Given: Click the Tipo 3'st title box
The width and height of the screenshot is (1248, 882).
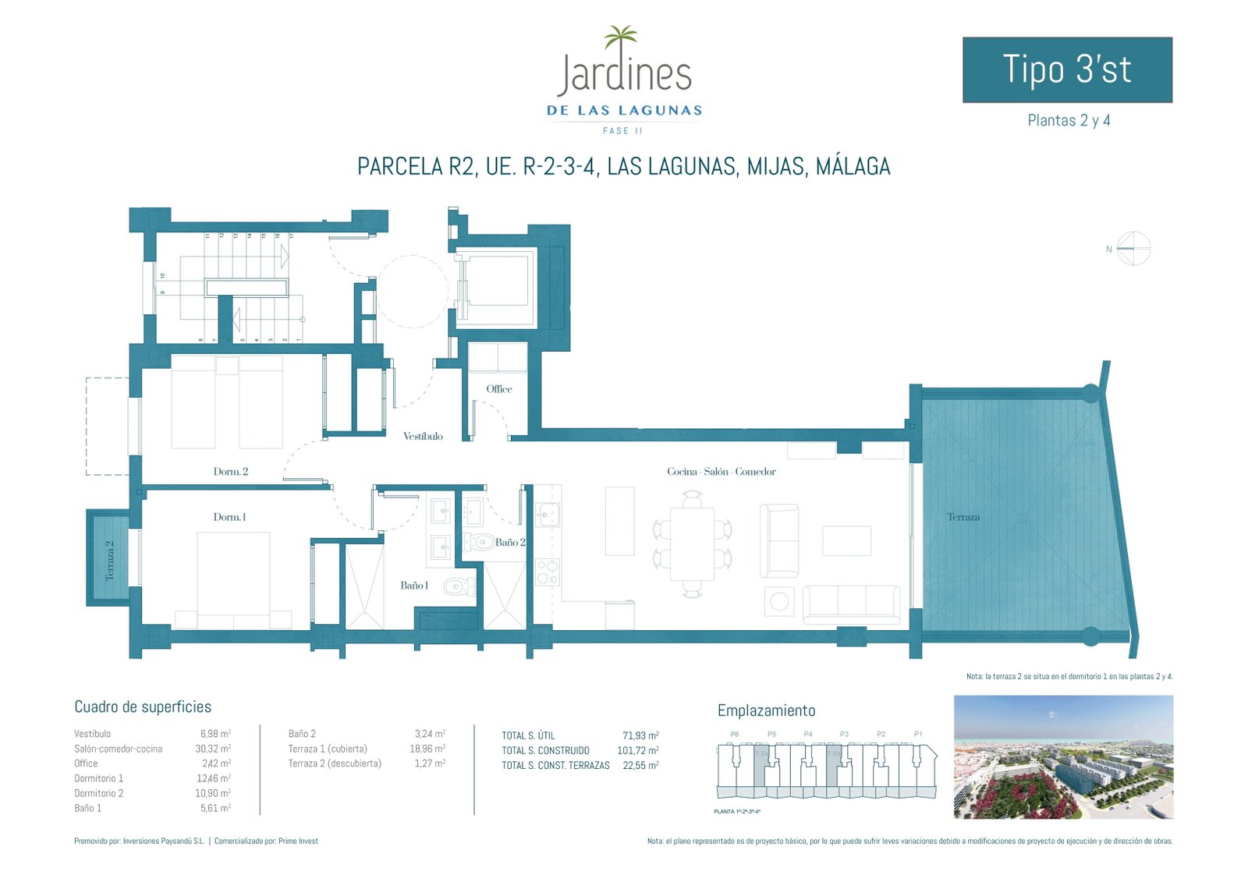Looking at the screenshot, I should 1066,69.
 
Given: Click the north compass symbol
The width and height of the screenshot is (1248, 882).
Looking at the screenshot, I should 1133,249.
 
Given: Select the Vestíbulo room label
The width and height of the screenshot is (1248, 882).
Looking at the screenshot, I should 423,437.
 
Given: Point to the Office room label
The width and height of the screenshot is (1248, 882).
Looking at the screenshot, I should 499,389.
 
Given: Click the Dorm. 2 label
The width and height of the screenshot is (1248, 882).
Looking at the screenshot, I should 231,472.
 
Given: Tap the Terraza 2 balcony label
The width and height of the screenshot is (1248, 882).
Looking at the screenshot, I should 109,560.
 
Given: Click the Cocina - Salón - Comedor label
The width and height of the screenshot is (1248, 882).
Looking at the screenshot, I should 721,472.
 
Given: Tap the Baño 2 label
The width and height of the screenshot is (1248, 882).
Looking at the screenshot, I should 510,543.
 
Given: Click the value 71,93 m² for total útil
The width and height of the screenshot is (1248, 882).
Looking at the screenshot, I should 640,735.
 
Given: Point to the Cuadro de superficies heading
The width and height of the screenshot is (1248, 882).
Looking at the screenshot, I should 143,707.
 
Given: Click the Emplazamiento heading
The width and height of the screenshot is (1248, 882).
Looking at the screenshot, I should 766,711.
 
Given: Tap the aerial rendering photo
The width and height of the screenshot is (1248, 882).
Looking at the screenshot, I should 1063,757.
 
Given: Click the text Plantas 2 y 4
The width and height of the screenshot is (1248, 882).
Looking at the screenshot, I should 1069,121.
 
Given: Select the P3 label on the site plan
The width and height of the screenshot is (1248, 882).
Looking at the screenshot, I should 844,734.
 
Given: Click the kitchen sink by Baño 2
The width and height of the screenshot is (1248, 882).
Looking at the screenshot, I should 547,514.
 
